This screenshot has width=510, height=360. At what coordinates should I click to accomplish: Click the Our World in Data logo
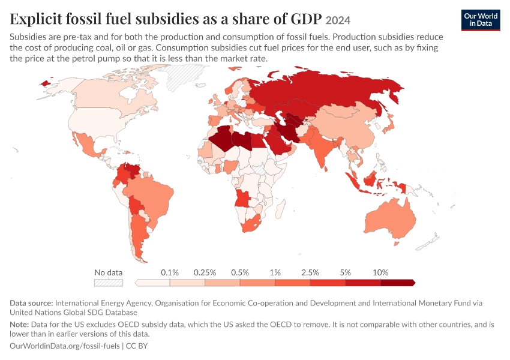point(481,20)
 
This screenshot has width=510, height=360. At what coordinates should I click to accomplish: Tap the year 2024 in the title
point(338,20)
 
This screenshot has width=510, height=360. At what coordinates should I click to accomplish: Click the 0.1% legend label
point(170,272)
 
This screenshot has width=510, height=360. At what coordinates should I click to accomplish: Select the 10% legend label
point(380,272)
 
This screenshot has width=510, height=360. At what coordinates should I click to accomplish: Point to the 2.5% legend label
point(310,272)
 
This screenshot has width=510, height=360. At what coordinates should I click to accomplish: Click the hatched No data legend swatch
point(109,283)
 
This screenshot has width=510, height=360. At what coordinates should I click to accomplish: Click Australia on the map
point(391,218)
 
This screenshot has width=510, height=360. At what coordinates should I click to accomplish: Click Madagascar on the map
point(281,209)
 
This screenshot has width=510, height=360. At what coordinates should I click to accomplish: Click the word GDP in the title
point(306,19)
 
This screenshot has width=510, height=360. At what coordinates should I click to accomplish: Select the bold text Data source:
point(31,303)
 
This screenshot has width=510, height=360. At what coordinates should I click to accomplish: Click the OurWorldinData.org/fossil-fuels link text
point(65,346)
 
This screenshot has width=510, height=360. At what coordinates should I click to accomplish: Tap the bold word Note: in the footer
point(19,324)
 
